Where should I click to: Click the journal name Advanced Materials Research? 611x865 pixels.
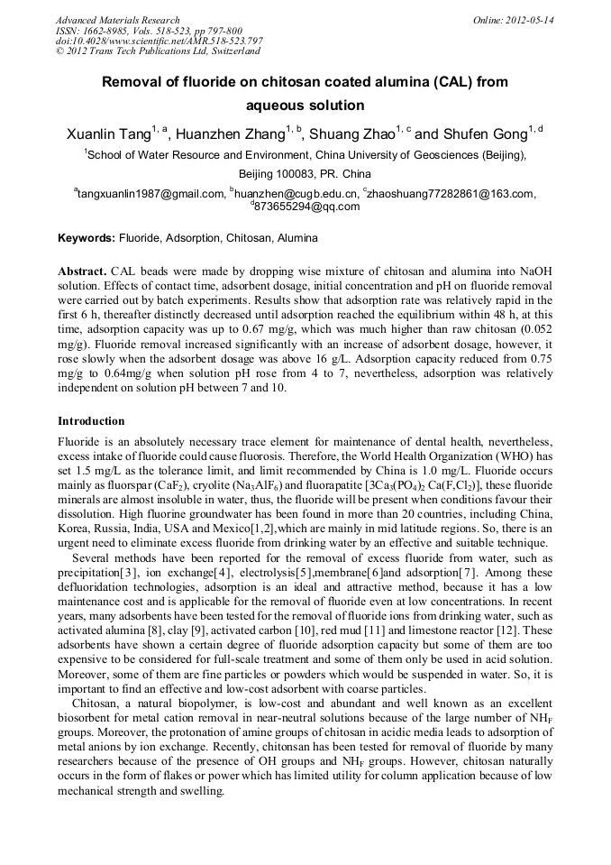pyautogui.click(x=117, y=20)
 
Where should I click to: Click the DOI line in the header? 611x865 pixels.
pyautogui.click(x=160, y=41)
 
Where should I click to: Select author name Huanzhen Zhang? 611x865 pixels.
pyautogui.click(x=230, y=135)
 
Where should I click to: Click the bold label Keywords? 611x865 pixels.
pyautogui.click(x=87, y=239)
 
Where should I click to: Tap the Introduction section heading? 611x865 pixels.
pyautogui.click(x=91, y=421)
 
